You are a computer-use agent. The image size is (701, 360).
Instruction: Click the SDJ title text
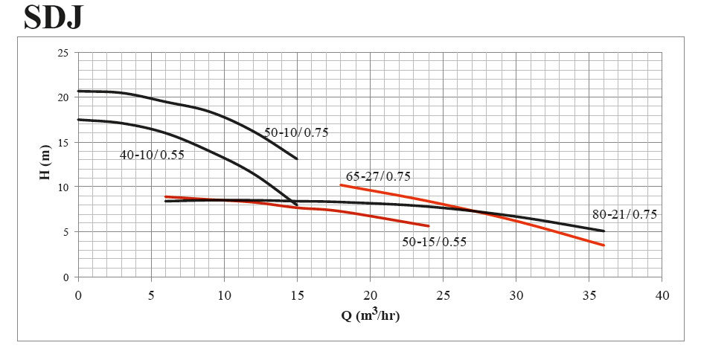(53, 17)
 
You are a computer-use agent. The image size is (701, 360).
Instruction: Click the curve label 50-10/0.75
(296, 133)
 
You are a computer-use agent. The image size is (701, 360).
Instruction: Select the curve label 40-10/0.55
(152, 155)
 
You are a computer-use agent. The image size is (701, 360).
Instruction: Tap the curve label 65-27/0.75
(378, 177)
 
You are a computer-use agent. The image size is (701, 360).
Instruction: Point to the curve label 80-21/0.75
(624, 214)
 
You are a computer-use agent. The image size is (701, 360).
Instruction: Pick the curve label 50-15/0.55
(435, 242)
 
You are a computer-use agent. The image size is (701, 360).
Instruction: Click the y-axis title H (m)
(45, 165)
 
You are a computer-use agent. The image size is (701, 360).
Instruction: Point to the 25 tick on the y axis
(63, 53)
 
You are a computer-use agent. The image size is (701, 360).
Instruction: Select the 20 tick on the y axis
(63, 97)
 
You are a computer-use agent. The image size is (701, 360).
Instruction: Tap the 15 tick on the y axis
(63, 142)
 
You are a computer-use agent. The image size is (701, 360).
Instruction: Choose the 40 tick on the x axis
(662, 295)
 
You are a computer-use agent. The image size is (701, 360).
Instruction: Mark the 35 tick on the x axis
(589, 295)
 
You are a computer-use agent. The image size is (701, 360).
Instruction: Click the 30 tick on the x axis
(516, 295)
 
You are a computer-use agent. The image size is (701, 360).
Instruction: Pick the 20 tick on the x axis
(370, 295)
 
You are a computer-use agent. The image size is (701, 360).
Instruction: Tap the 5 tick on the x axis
(151, 295)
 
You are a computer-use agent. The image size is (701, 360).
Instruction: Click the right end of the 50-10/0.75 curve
(297, 158)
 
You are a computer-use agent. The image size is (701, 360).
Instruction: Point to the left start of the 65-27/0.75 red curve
(341, 184)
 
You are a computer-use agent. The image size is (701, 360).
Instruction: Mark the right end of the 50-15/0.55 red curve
(429, 226)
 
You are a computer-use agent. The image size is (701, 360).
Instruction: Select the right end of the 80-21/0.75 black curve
(604, 231)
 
